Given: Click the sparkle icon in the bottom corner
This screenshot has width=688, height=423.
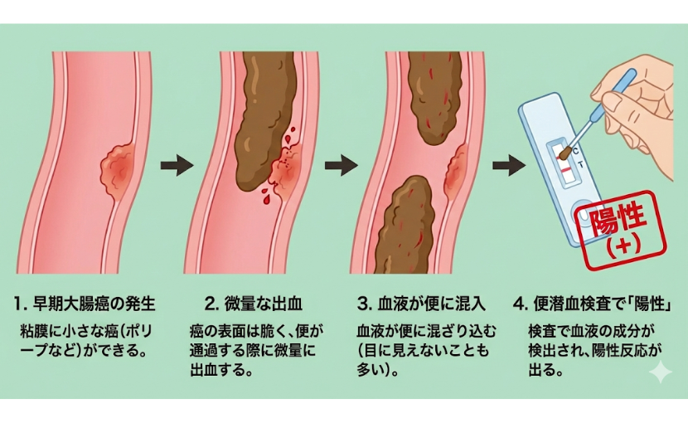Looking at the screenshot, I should pyautogui.click(x=660, y=372).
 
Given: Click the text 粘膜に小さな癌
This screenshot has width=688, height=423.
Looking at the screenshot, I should pyautogui.click(x=75, y=330).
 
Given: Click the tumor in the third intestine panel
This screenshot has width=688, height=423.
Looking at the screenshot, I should pyautogui.click(x=456, y=174).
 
